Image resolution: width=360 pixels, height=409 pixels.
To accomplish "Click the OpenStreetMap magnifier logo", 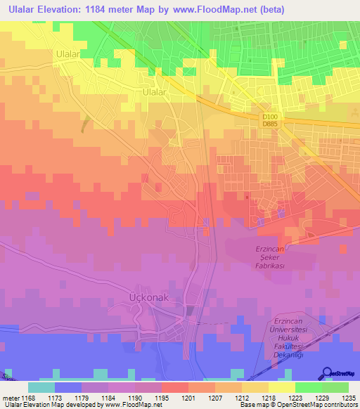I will [x=327, y=373].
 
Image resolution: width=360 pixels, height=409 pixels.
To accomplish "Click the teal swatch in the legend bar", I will [x=41, y=387].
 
